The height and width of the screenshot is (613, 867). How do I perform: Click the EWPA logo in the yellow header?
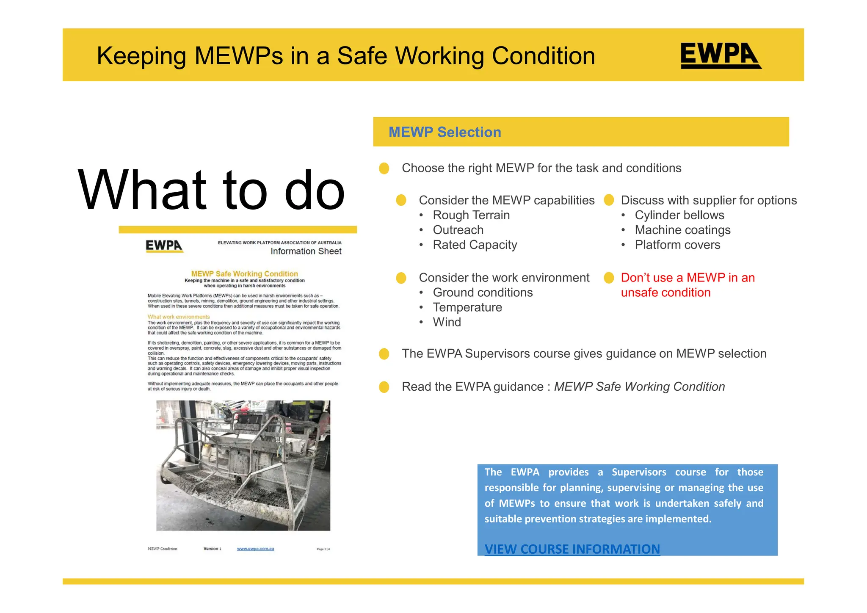point(721,55)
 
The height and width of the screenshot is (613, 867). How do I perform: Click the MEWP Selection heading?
point(445,132)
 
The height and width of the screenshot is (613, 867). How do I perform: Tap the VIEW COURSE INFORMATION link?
point(572,549)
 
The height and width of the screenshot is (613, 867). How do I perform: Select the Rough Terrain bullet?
point(471,215)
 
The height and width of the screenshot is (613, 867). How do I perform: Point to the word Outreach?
point(458,230)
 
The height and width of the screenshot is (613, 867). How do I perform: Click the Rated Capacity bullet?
point(475,245)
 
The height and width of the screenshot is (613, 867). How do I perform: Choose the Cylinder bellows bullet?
point(679,215)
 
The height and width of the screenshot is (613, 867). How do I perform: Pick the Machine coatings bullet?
point(682,230)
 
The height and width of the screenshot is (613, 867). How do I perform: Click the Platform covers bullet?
point(677,245)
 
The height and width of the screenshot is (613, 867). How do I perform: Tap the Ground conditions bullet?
point(483,293)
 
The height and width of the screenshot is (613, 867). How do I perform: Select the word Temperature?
point(467,307)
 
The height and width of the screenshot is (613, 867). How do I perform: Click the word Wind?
point(447,322)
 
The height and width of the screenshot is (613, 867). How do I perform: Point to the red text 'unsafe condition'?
point(665,293)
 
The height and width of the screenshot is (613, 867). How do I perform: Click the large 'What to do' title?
point(211,190)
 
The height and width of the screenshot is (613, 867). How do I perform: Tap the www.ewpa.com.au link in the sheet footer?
point(255,549)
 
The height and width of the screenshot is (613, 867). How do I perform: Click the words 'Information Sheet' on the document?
point(306,251)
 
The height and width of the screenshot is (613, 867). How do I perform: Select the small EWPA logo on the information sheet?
point(164,246)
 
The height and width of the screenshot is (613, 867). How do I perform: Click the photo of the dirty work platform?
point(243,465)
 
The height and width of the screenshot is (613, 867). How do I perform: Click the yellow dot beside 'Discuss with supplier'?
point(609,200)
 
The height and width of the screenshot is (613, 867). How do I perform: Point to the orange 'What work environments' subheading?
point(179,317)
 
